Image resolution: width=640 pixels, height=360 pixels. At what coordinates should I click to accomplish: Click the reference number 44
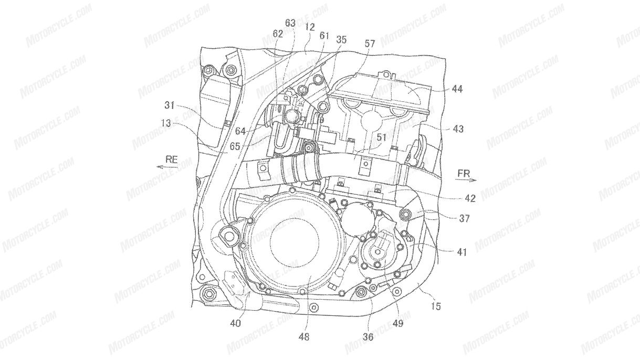(x=456, y=90)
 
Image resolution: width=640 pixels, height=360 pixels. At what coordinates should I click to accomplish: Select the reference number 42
(x=455, y=198)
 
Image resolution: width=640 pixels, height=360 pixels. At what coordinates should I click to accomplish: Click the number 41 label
(x=461, y=252)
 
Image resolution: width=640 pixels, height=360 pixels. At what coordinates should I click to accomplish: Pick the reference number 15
(x=436, y=305)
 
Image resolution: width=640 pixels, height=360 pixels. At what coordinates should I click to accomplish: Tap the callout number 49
(x=397, y=323)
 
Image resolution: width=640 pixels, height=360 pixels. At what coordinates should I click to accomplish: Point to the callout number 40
(x=235, y=323)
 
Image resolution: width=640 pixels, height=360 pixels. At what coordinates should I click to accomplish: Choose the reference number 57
(x=370, y=45)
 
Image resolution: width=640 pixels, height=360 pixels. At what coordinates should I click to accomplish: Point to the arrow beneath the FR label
(x=465, y=180)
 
